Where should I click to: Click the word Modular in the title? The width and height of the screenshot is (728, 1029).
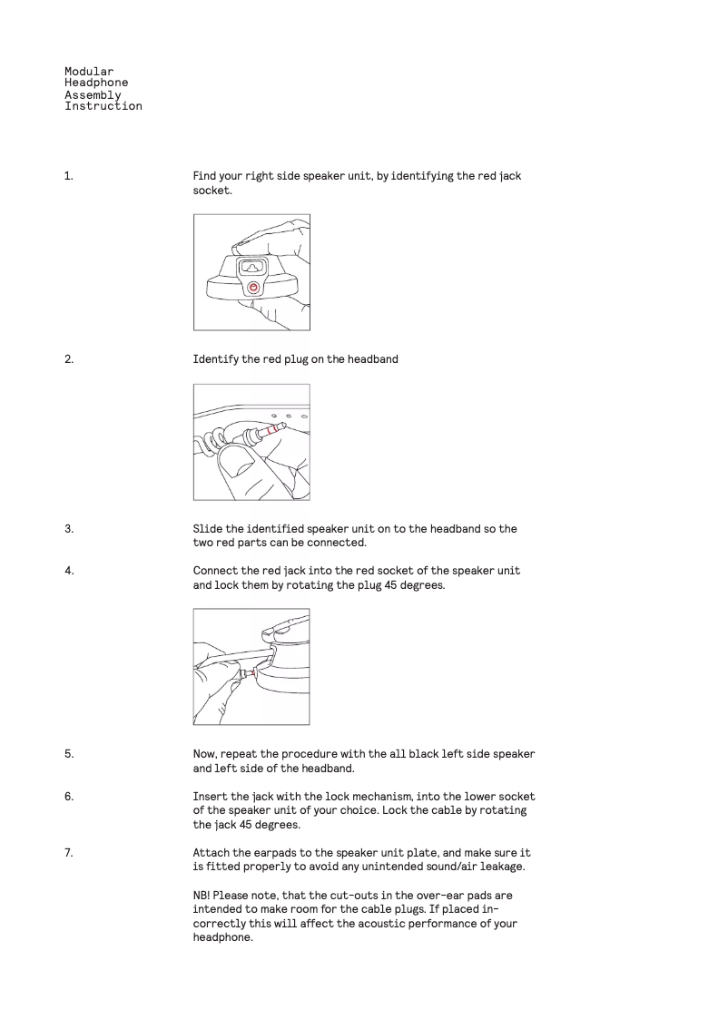click(x=89, y=71)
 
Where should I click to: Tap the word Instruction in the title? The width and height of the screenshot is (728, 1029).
click(x=103, y=106)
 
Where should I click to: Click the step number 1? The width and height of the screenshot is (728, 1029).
click(x=68, y=176)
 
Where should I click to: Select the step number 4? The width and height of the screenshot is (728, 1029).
click(x=68, y=571)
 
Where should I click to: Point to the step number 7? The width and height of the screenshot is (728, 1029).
click(x=68, y=853)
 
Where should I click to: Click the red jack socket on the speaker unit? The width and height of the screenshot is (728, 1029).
click(x=253, y=287)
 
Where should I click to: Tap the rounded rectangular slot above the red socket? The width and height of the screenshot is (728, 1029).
click(x=251, y=267)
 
